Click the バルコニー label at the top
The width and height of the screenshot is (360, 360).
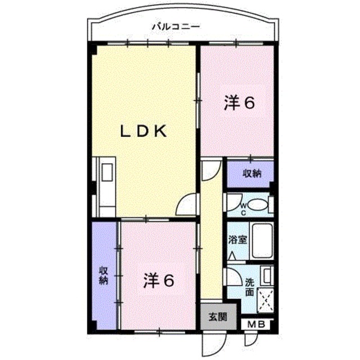pyautogui.click(x=177, y=26)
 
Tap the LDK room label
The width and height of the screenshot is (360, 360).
pyautogui.click(x=144, y=132)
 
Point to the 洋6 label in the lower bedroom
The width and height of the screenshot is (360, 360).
pyautogui.click(x=157, y=280)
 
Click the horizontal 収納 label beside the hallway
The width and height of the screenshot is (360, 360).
pyautogui.click(x=251, y=174)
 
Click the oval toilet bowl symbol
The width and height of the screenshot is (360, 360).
pyautogui.click(x=259, y=205)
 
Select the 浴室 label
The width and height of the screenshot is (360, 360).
pyautogui.click(x=237, y=239)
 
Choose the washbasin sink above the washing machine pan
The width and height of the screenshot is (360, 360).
pyautogui.click(x=267, y=277)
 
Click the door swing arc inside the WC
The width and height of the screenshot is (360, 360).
pyautogui.click(x=232, y=201)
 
